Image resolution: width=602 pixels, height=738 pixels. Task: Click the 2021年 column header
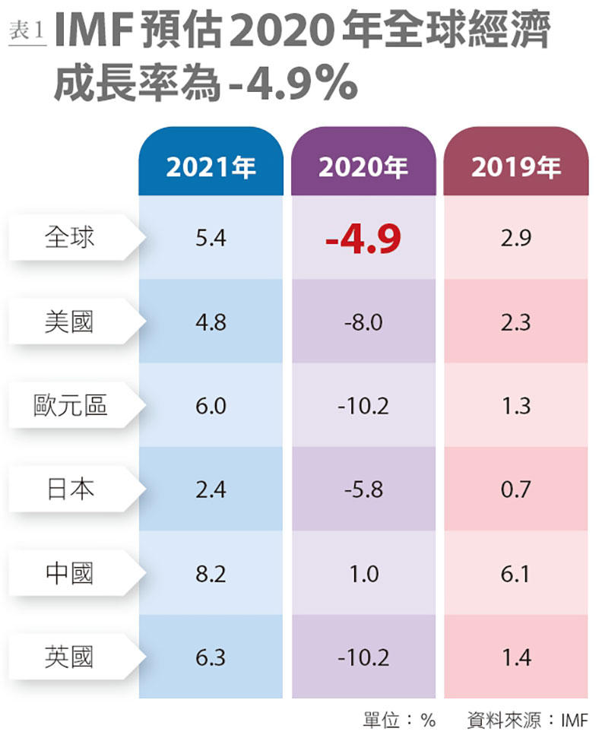[x=211, y=167]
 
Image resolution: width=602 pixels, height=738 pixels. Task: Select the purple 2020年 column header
[x=363, y=167]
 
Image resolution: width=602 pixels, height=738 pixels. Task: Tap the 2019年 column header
[x=515, y=167]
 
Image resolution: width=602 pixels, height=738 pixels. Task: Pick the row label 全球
[x=70, y=238]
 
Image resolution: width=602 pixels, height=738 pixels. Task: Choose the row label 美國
[x=70, y=321]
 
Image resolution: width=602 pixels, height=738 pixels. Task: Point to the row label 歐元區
[x=70, y=405]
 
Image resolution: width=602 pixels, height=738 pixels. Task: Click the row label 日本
[x=70, y=489]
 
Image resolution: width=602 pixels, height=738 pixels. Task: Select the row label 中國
[x=70, y=572]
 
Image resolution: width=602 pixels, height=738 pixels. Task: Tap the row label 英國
[x=70, y=656]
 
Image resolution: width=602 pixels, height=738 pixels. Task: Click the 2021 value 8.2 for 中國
[x=211, y=573]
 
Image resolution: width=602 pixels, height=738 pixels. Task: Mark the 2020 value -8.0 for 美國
[x=363, y=322]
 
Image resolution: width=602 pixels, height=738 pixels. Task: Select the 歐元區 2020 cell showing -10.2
[x=363, y=406]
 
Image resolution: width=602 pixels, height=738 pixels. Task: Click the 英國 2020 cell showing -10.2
[x=363, y=657]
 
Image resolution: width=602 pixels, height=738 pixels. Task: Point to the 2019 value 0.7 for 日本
[x=516, y=489]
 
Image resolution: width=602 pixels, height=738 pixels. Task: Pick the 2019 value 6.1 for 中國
[x=516, y=573]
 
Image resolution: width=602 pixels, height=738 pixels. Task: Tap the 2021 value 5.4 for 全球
[x=211, y=239]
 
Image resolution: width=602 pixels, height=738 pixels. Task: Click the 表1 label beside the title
[x=27, y=31]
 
